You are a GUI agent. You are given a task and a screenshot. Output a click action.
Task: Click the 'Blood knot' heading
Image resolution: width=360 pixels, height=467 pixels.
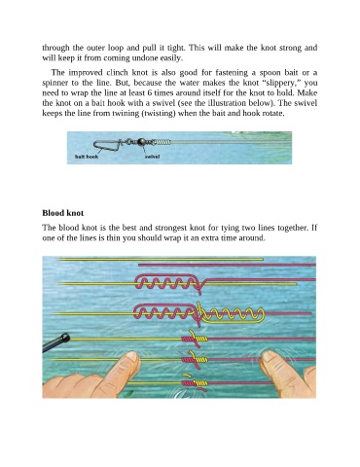tap(63, 213)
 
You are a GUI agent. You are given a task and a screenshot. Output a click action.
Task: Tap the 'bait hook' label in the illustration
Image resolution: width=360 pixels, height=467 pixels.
tap(87, 157)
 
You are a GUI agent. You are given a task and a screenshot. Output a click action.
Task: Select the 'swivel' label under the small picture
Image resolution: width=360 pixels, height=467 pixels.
tap(152, 157)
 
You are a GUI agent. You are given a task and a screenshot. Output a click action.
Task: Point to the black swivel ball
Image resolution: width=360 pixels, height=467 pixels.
tap(142, 141)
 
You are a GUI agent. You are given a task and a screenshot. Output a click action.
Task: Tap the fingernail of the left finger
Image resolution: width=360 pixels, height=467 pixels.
tap(132, 357)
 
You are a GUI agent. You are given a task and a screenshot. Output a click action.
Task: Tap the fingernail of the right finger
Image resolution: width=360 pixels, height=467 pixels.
tap(269, 357)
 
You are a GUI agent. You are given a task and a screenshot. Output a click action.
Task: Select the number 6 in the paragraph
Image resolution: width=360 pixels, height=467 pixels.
tap(150, 92)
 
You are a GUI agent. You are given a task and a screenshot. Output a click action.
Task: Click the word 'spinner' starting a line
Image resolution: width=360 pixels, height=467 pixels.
tap(54, 83)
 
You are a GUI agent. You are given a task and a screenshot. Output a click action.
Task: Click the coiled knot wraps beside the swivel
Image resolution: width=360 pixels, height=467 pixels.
tap(162, 142)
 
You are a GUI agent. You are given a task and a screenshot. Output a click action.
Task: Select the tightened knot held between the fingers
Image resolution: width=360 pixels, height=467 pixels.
tap(195, 359)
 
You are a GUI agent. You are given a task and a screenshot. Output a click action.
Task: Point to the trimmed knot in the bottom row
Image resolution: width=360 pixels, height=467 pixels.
tap(195, 383)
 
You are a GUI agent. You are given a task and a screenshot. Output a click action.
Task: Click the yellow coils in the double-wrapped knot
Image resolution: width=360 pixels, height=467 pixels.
tap(231, 314)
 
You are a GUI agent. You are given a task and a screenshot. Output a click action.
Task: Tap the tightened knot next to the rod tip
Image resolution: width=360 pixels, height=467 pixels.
tap(195, 339)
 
